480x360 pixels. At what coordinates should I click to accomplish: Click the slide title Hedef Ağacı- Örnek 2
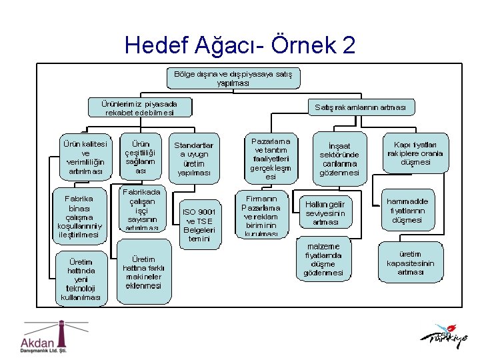coord(240,45)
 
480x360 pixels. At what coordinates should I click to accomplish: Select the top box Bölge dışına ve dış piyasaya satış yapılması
coord(233,78)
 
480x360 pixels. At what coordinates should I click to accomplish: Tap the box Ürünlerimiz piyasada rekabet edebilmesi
coord(139,107)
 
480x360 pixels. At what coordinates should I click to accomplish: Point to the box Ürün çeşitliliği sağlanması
coord(140,157)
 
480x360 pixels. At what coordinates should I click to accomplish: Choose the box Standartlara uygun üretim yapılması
coord(193,158)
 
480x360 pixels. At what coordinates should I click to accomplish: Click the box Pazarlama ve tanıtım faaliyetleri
coord(270,159)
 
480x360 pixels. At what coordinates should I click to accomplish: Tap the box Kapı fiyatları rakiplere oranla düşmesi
coord(411,153)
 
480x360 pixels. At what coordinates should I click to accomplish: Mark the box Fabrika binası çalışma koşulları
coord(83,216)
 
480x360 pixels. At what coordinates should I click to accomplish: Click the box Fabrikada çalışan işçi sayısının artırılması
coord(141,209)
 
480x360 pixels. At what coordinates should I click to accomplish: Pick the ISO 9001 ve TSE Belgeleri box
coord(199,225)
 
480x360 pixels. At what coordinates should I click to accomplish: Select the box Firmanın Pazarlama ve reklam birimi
coord(261,215)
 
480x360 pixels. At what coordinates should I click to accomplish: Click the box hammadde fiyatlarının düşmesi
coord(407,210)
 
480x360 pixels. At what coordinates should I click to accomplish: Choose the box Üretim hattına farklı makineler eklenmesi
coord(143,272)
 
